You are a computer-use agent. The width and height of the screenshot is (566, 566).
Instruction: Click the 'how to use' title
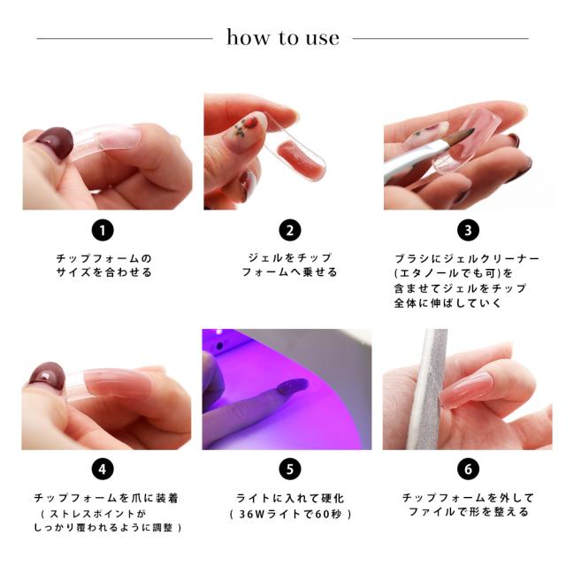283,37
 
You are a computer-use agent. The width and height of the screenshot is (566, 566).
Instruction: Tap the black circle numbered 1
103,230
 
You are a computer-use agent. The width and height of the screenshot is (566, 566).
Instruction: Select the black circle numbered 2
290,230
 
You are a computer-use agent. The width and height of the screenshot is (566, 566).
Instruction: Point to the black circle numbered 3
468,230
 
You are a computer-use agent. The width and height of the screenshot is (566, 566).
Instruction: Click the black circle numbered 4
103,470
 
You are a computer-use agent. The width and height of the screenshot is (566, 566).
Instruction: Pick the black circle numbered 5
290,470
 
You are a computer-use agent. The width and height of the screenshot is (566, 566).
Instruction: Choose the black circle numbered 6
468,470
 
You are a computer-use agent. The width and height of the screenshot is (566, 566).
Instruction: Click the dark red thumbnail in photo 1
55,141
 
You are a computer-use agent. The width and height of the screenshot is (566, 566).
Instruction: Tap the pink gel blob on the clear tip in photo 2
298,158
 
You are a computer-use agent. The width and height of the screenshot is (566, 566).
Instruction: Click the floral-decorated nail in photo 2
246,132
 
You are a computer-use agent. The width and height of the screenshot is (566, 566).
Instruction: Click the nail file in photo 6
428,389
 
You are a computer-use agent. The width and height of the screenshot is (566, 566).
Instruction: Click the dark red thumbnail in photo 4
47,376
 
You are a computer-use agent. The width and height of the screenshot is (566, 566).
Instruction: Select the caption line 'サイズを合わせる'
104,272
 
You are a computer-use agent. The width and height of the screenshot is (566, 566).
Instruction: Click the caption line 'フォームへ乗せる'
289,272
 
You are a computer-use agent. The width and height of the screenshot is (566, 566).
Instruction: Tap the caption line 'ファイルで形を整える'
468,512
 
